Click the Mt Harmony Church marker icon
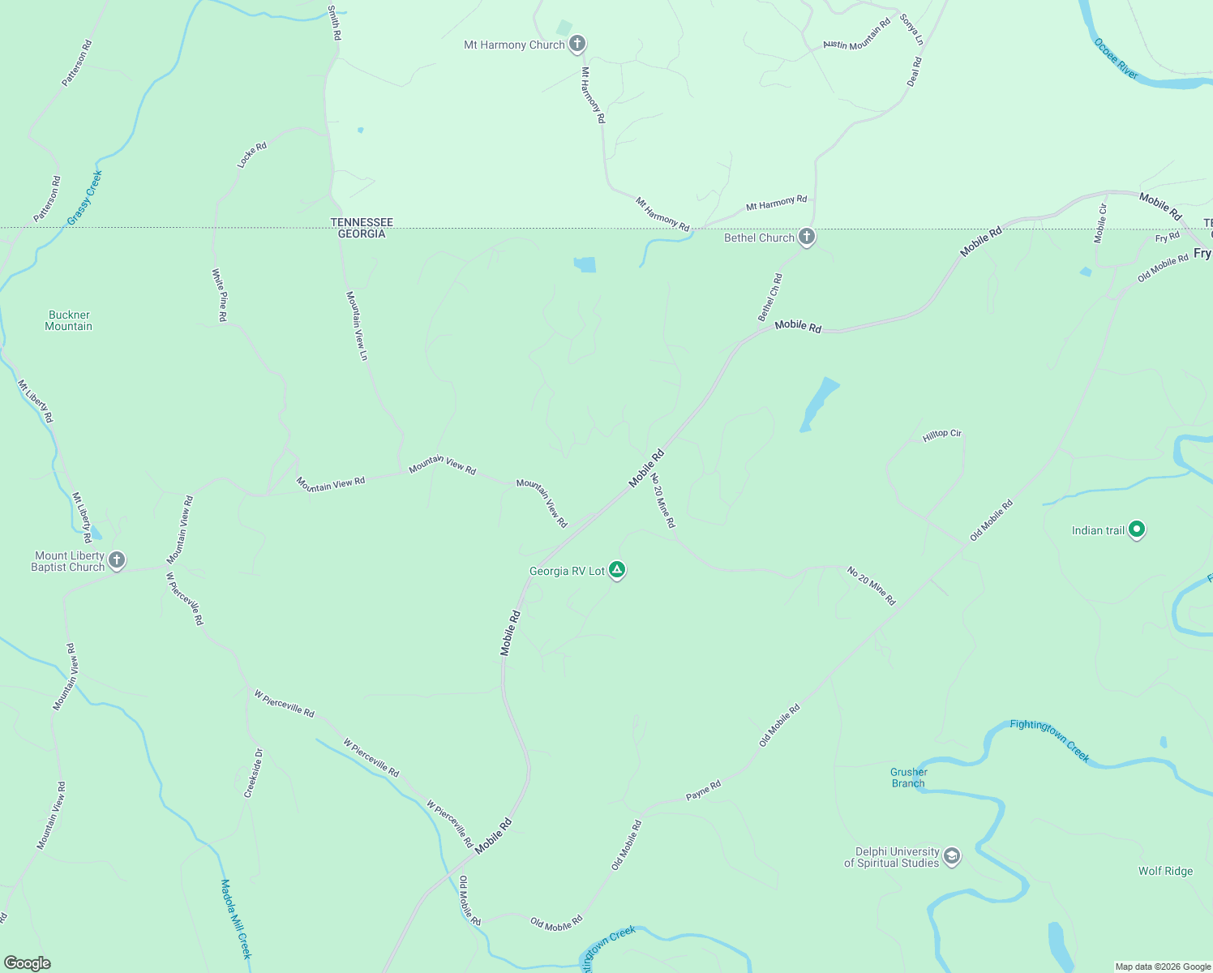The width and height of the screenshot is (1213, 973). (x=576, y=44)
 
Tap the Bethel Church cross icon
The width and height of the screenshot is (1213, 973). (x=806, y=237)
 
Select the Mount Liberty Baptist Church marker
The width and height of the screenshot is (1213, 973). (x=117, y=560)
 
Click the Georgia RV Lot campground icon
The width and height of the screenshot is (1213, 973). (x=617, y=570)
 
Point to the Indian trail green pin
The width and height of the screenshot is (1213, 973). (x=1137, y=529)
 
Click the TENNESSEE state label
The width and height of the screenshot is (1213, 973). (x=362, y=222)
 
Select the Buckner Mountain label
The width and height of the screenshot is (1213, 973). (x=69, y=320)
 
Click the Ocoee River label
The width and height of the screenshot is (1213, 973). (x=1116, y=58)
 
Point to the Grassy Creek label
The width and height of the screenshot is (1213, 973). (x=84, y=198)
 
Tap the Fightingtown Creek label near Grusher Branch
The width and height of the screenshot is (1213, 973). (x=1049, y=740)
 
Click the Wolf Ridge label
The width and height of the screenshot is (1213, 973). (x=1165, y=871)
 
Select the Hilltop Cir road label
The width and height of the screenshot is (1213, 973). (x=941, y=435)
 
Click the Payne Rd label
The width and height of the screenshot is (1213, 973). (x=703, y=791)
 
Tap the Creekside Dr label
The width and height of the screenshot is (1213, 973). (x=254, y=773)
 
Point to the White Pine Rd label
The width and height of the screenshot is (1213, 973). (x=219, y=295)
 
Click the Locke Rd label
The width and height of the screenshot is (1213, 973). (x=251, y=156)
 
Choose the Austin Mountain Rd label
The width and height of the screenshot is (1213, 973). (x=856, y=34)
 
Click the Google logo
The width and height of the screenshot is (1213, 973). (x=28, y=963)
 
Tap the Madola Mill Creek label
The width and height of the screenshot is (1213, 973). (x=236, y=919)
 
